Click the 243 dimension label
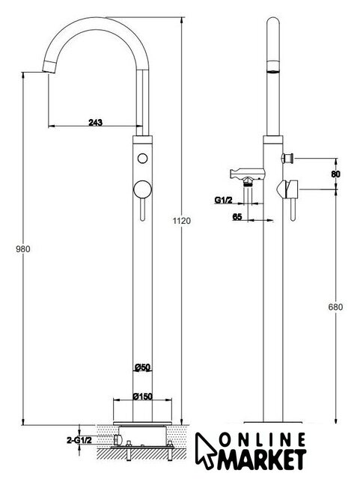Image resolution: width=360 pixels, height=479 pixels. point(95,123)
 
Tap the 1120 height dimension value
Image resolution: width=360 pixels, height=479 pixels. point(182,221)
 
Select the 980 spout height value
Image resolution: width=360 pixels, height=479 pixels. point(23,249)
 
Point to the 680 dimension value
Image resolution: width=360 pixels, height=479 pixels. point(335,307)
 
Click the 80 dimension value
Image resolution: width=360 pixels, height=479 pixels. point(335,174)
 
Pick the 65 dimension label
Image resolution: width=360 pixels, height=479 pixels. point(237,216)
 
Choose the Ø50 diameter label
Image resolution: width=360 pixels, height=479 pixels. point(142,367)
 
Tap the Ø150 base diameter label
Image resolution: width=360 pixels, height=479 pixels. point(142,396)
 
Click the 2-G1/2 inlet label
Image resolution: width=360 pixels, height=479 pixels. point(79,440)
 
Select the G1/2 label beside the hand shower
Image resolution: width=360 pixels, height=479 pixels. point(223,200)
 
